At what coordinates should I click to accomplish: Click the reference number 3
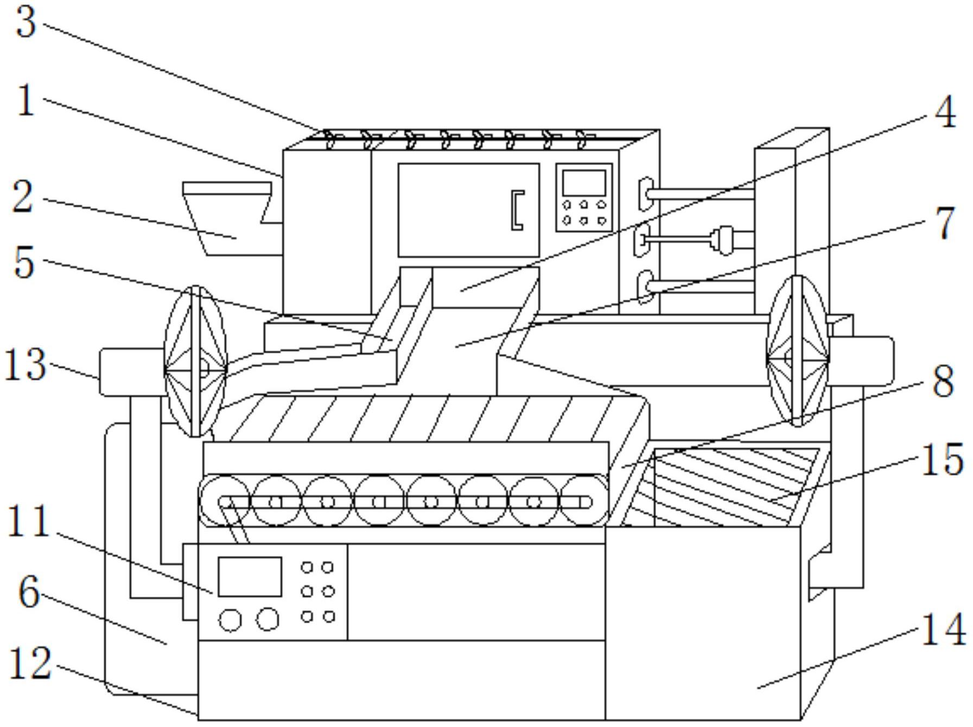tap(26, 23)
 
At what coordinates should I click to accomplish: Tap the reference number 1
tap(26, 101)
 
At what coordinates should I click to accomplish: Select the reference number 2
tap(23, 197)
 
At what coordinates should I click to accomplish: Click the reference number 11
tap(29, 521)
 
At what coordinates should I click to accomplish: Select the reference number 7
tap(945, 223)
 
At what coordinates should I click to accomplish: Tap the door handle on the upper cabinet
tap(518, 210)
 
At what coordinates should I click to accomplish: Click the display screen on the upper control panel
tap(584, 182)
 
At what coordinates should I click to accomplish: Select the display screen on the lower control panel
tap(250, 577)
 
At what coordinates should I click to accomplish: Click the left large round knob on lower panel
tap(230, 620)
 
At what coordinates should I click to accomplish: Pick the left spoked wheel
tap(195, 362)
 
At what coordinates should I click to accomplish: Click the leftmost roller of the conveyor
tap(225, 501)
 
